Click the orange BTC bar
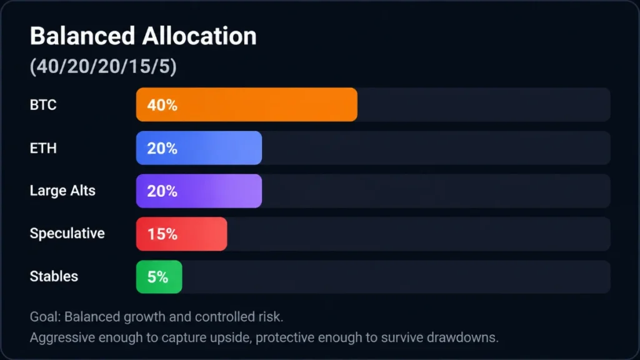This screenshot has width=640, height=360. tap(246, 104)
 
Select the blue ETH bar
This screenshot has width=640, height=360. tap(199, 147)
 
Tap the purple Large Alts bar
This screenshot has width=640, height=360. tap(199, 191)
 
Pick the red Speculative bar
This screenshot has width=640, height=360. tap(182, 234)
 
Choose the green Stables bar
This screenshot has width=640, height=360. tap(159, 277)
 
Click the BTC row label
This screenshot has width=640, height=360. tap(43, 105)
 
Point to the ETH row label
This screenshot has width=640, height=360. tap(43, 148)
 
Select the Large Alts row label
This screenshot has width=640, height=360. tap(62, 191)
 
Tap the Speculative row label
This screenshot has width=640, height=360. tap(67, 234)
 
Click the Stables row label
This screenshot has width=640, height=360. tap(54, 276)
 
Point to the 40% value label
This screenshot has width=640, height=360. tap(162, 105)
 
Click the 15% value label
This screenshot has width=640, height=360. tap(162, 234)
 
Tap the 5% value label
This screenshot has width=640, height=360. tap(157, 277)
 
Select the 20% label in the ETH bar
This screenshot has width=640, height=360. tap(162, 149)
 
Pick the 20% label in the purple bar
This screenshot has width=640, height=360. tap(162, 191)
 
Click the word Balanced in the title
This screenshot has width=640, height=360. tap(82, 36)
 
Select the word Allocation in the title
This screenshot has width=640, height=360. tap(199, 36)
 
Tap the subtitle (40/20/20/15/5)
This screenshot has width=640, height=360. tap(103, 66)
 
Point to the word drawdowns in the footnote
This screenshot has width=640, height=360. tap(463, 337)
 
